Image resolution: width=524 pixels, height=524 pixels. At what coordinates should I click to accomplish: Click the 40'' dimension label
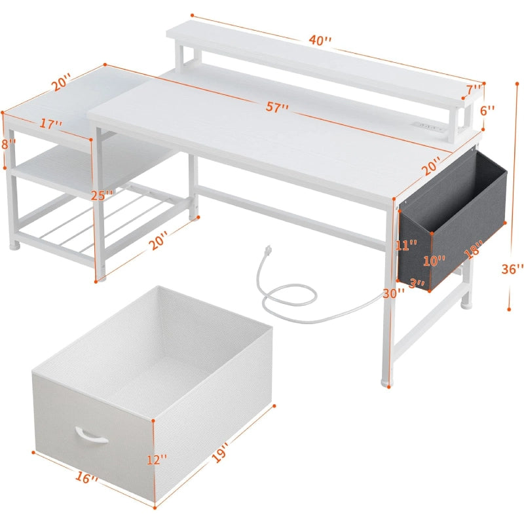click(x=320, y=41)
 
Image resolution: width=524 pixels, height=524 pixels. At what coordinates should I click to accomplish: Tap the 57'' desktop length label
click(x=277, y=107)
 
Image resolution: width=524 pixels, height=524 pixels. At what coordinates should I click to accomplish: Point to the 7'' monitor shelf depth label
click(x=474, y=90)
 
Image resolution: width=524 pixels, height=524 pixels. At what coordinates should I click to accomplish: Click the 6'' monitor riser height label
click(x=487, y=110)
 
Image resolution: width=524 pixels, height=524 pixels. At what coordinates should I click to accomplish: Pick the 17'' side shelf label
click(x=51, y=124)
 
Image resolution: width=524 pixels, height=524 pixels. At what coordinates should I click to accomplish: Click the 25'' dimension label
click(x=102, y=195)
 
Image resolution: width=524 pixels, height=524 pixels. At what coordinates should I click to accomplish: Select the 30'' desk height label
click(x=394, y=293)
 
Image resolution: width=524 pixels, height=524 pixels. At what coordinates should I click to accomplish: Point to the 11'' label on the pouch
click(x=406, y=245)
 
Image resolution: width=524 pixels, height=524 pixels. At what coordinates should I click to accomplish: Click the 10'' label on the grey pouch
click(x=434, y=261)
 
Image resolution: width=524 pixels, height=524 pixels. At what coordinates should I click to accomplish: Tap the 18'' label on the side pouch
click(x=474, y=250)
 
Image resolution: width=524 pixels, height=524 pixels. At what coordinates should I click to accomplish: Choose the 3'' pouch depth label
click(x=417, y=284)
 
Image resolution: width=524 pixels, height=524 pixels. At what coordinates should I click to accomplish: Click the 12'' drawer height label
click(x=157, y=460)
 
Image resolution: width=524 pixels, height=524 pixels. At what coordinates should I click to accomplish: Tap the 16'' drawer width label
click(x=86, y=477)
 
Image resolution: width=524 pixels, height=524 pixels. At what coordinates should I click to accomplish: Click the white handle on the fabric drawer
click(x=91, y=435)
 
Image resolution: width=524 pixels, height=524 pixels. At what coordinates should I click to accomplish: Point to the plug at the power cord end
click(x=267, y=250)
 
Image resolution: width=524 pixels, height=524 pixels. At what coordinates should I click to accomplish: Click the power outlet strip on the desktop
click(x=430, y=127)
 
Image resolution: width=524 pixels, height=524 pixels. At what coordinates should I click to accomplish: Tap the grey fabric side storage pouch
click(x=452, y=221)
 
